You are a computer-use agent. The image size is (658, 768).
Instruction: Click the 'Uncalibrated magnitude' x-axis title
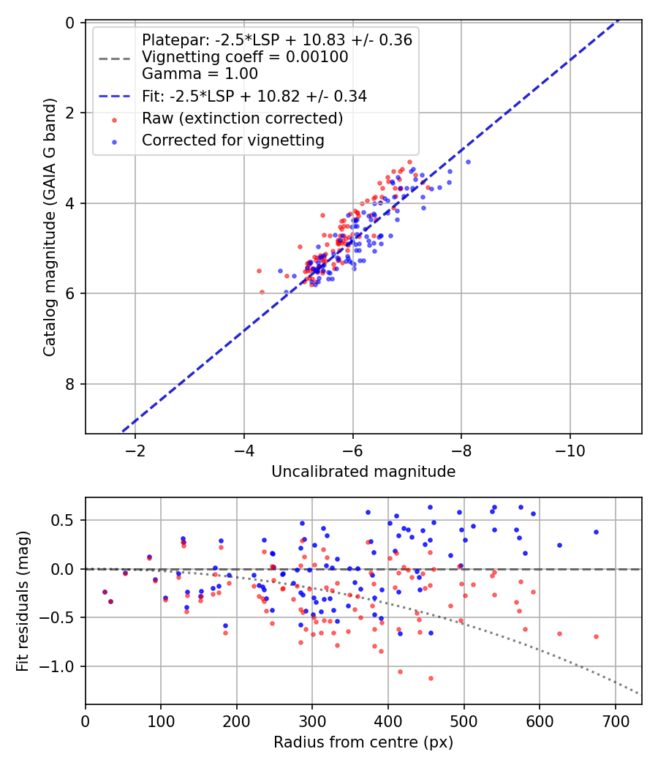pyautogui.click(x=363, y=472)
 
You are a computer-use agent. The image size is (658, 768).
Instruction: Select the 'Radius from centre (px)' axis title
pyautogui.click(x=363, y=742)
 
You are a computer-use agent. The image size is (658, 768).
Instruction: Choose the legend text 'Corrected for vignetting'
pyautogui.click(x=233, y=140)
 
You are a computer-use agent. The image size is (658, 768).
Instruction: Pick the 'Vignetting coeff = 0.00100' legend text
pyautogui.click(x=245, y=57)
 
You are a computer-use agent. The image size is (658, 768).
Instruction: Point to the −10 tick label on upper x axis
pyautogui.click(x=570, y=450)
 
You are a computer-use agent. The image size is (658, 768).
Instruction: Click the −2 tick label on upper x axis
pyautogui.click(x=135, y=450)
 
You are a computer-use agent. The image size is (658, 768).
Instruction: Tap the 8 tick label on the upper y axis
pyautogui.click(x=70, y=384)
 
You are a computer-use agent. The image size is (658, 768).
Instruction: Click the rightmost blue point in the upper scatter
pyautogui.click(x=468, y=162)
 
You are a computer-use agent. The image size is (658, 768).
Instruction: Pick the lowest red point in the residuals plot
pyautogui.click(x=431, y=678)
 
